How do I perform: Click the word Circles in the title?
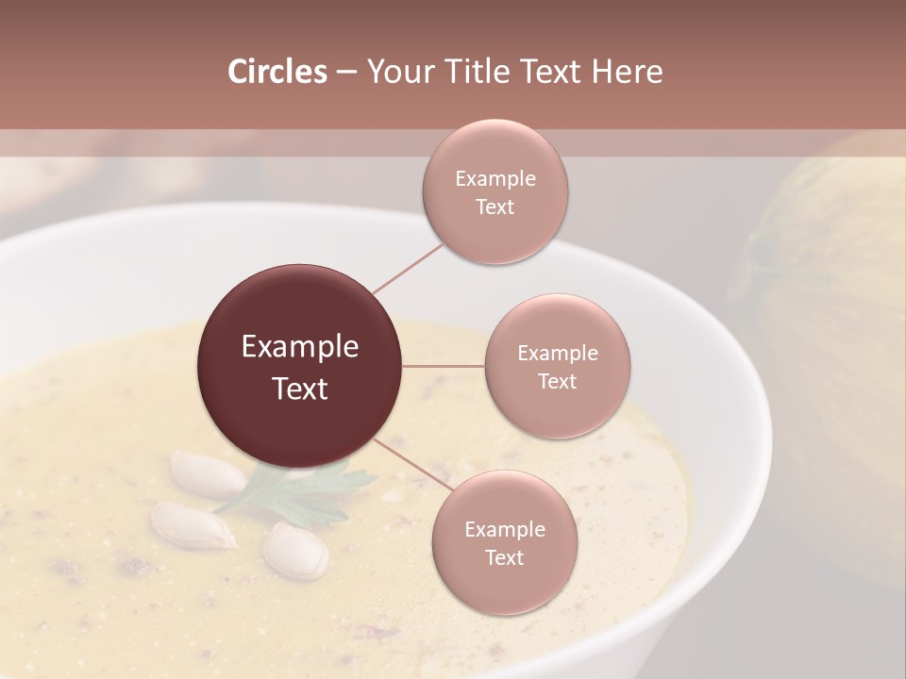[277, 72]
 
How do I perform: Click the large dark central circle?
[300, 366]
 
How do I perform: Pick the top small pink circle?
[495, 192]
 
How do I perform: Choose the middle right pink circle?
[558, 366]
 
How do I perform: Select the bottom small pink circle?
[504, 543]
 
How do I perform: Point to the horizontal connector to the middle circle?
[444, 366]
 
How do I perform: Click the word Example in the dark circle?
[300, 346]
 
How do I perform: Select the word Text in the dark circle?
[300, 389]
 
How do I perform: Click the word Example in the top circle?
[495, 178]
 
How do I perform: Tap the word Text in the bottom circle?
[504, 557]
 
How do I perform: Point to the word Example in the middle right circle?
[558, 353]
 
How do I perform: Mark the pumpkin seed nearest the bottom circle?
[295, 550]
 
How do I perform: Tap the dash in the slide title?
[346, 72]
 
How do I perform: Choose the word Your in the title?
[396, 72]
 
